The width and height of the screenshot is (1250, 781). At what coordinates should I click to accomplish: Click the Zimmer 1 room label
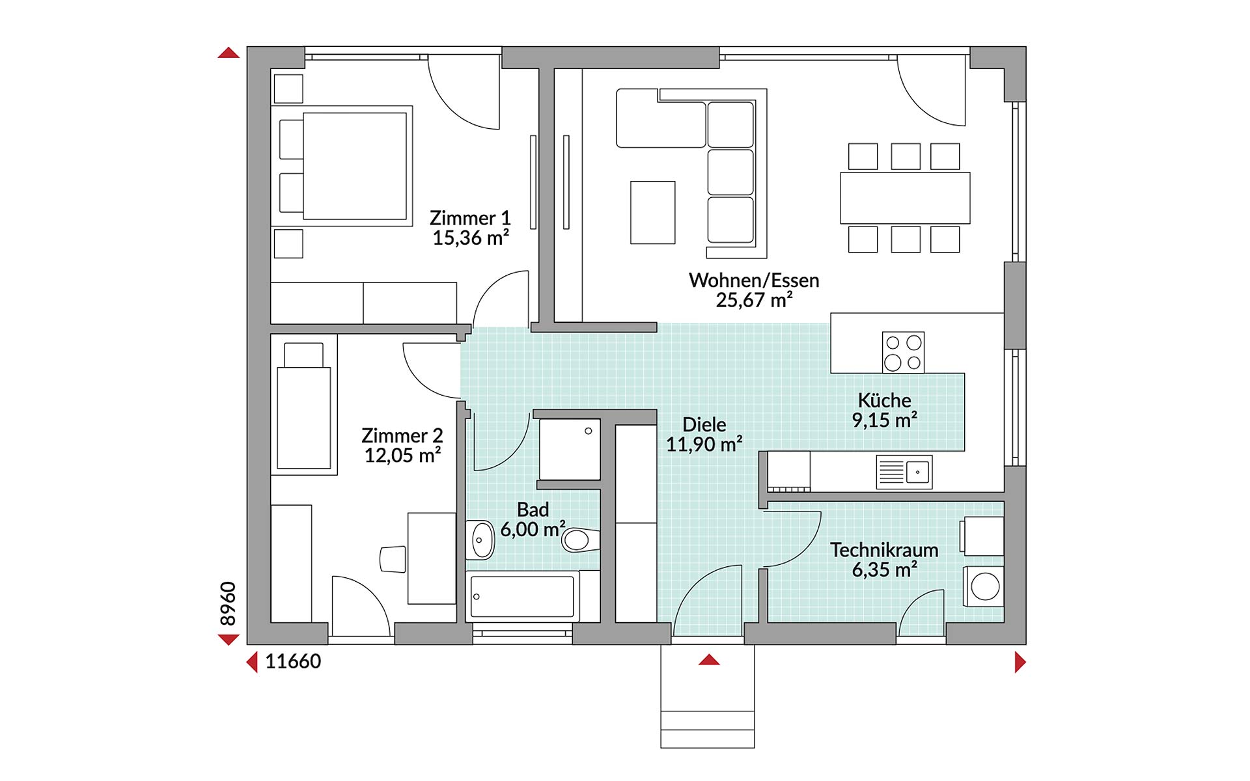(470, 218)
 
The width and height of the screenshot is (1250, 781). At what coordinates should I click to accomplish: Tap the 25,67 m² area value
(754, 300)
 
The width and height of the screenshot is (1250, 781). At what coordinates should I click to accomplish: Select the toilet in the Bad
(581, 540)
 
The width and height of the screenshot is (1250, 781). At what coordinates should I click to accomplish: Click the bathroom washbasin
(481, 540)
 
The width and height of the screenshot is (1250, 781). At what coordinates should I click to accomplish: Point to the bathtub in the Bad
(523, 595)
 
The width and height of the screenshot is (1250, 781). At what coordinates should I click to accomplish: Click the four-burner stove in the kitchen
(903, 352)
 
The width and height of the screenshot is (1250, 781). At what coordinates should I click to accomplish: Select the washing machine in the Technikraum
(983, 586)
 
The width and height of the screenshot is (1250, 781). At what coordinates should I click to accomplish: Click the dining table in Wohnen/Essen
(905, 198)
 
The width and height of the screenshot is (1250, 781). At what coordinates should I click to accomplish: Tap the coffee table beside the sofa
(652, 212)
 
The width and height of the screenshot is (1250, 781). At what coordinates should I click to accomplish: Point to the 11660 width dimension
(293, 661)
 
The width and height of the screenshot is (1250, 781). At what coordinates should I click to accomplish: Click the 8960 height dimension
(228, 604)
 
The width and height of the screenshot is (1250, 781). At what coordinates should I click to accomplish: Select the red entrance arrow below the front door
(709, 660)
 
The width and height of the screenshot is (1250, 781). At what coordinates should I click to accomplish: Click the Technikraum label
(884, 550)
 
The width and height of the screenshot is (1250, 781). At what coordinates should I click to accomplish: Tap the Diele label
(704, 425)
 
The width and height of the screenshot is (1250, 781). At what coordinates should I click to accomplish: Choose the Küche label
(884, 400)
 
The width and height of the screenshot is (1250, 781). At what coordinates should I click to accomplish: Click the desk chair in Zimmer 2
(393, 559)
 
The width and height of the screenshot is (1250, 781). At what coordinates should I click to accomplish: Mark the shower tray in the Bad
(570, 450)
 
